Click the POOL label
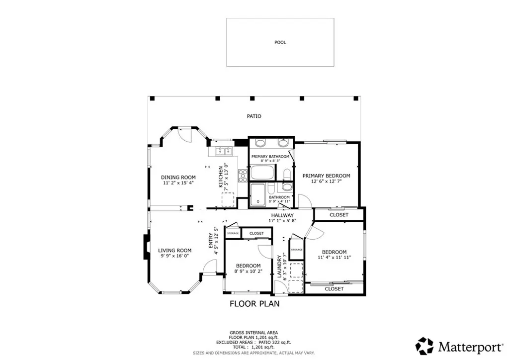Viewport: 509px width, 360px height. [280, 42]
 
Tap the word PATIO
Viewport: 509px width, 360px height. [254, 116]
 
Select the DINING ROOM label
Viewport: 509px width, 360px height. [178, 177]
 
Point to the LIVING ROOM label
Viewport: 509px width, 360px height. [174, 250]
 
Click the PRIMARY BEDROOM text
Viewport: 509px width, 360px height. [326, 176]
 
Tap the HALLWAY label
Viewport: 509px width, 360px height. [282, 215]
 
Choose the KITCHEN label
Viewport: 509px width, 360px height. [221, 177]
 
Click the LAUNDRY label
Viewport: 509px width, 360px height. [279, 267]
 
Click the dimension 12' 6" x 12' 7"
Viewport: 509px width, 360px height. [326, 181]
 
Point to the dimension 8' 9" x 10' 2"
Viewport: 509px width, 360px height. [249, 271]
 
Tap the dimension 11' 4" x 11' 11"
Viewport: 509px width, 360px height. [334, 258]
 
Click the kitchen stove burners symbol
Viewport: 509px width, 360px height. [242, 176]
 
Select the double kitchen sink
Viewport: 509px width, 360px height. [224, 151]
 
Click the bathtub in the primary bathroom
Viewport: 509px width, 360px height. [262, 173]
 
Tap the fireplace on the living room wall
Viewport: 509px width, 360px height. [146, 247]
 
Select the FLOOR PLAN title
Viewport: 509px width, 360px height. [254, 304]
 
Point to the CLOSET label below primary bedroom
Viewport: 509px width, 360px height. [339, 215]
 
